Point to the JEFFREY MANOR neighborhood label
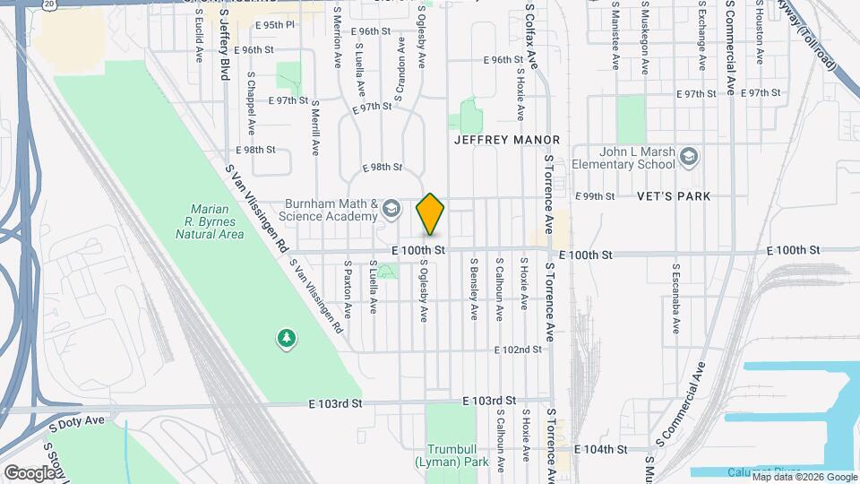click(x=507, y=140)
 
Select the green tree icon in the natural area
click(x=287, y=338)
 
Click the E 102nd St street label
click(x=519, y=350)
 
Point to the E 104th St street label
click(x=598, y=448)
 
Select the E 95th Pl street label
click(x=274, y=24)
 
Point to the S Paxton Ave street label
click(x=348, y=290)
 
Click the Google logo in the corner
click(x=30, y=472)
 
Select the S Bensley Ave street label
click(x=474, y=289)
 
